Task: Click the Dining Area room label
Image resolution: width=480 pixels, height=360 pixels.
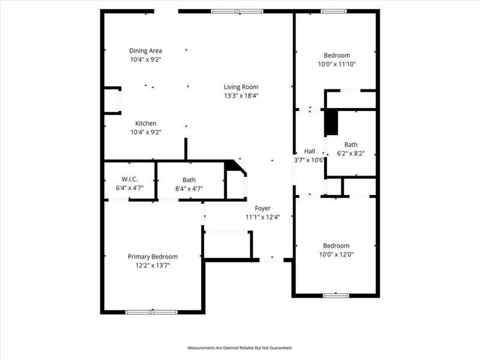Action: pos(146,51)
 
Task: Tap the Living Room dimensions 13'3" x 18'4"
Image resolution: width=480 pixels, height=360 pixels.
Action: pos(241,95)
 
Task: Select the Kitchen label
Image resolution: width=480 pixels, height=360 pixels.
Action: pos(146,124)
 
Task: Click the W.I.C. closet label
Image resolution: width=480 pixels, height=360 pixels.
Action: pos(130,179)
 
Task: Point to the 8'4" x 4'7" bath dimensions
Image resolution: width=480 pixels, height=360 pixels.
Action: pos(189,188)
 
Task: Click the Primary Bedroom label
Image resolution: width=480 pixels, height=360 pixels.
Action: pos(152,256)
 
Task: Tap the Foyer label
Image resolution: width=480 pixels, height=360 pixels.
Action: pos(263,208)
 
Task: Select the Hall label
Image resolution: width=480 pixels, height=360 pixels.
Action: pos(310,151)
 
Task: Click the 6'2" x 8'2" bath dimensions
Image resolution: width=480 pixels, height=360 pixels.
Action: pos(351,154)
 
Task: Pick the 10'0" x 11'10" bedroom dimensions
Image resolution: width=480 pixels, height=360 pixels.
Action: pos(337,64)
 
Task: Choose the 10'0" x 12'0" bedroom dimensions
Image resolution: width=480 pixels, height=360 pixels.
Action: pos(336,254)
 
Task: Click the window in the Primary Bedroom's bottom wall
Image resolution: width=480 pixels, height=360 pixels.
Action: pos(151,311)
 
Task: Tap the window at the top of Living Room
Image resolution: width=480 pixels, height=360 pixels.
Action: pos(237,11)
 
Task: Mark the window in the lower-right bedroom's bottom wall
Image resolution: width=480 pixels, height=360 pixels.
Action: pos(336,295)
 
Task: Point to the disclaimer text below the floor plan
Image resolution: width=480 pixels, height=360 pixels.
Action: pos(240,348)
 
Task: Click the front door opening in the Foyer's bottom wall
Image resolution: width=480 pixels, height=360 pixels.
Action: pos(271,259)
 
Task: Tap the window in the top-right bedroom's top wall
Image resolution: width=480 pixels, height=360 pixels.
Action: pos(331,11)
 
